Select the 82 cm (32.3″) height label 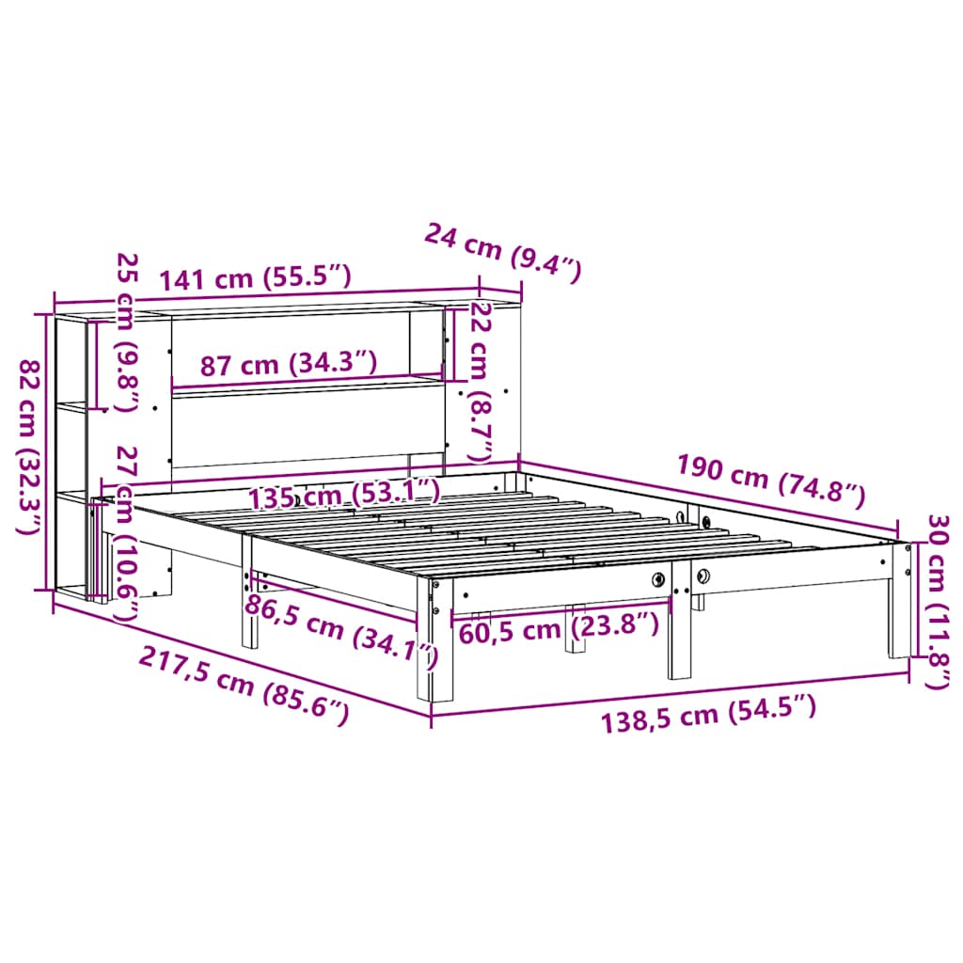click(x=31, y=448)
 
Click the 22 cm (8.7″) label click(x=481, y=382)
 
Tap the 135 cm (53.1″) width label click(x=344, y=493)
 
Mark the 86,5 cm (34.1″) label click(x=340, y=629)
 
